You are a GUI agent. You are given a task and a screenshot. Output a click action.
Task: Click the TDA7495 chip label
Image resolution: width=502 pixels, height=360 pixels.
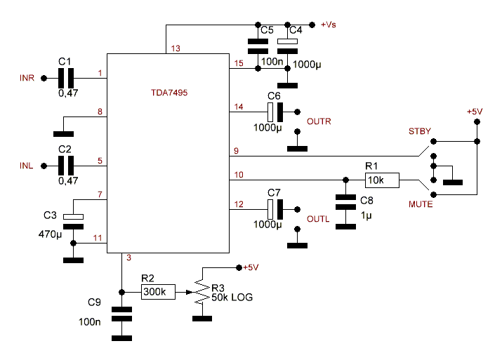pyautogui.click(x=168, y=92)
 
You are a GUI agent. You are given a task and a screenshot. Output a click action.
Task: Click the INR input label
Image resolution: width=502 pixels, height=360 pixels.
pyautogui.click(x=27, y=77)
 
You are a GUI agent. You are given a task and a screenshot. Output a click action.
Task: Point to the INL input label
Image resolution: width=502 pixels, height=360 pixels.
pyautogui.click(x=26, y=166)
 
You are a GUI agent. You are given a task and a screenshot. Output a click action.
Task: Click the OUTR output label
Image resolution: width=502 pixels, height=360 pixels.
pyautogui.click(x=319, y=121)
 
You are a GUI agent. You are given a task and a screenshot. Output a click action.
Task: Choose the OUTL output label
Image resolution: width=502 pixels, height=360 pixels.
pyautogui.click(x=318, y=218)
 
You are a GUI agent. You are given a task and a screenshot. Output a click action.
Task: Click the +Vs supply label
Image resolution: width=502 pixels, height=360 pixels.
pyautogui.click(x=329, y=25)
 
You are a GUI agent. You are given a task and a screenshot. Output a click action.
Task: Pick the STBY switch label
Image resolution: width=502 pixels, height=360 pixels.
pyautogui.click(x=420, y=131)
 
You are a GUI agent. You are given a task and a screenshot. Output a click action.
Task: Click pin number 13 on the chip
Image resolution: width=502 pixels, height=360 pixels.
pyautogui.click(x=175, y=49)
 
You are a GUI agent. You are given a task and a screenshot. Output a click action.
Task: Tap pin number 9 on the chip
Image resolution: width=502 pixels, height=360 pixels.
pyautogui.click(x=237, y=150)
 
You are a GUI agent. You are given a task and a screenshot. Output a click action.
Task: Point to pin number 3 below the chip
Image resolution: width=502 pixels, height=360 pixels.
pyautogui.click(x=128, y=258)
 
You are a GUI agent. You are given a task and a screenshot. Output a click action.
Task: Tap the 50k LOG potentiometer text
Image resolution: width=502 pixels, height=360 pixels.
pyautogui.click(x=232, y=298)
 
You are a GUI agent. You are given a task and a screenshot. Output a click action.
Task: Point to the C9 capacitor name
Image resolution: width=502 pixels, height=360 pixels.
pyautogui.click(x=95, y=302)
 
